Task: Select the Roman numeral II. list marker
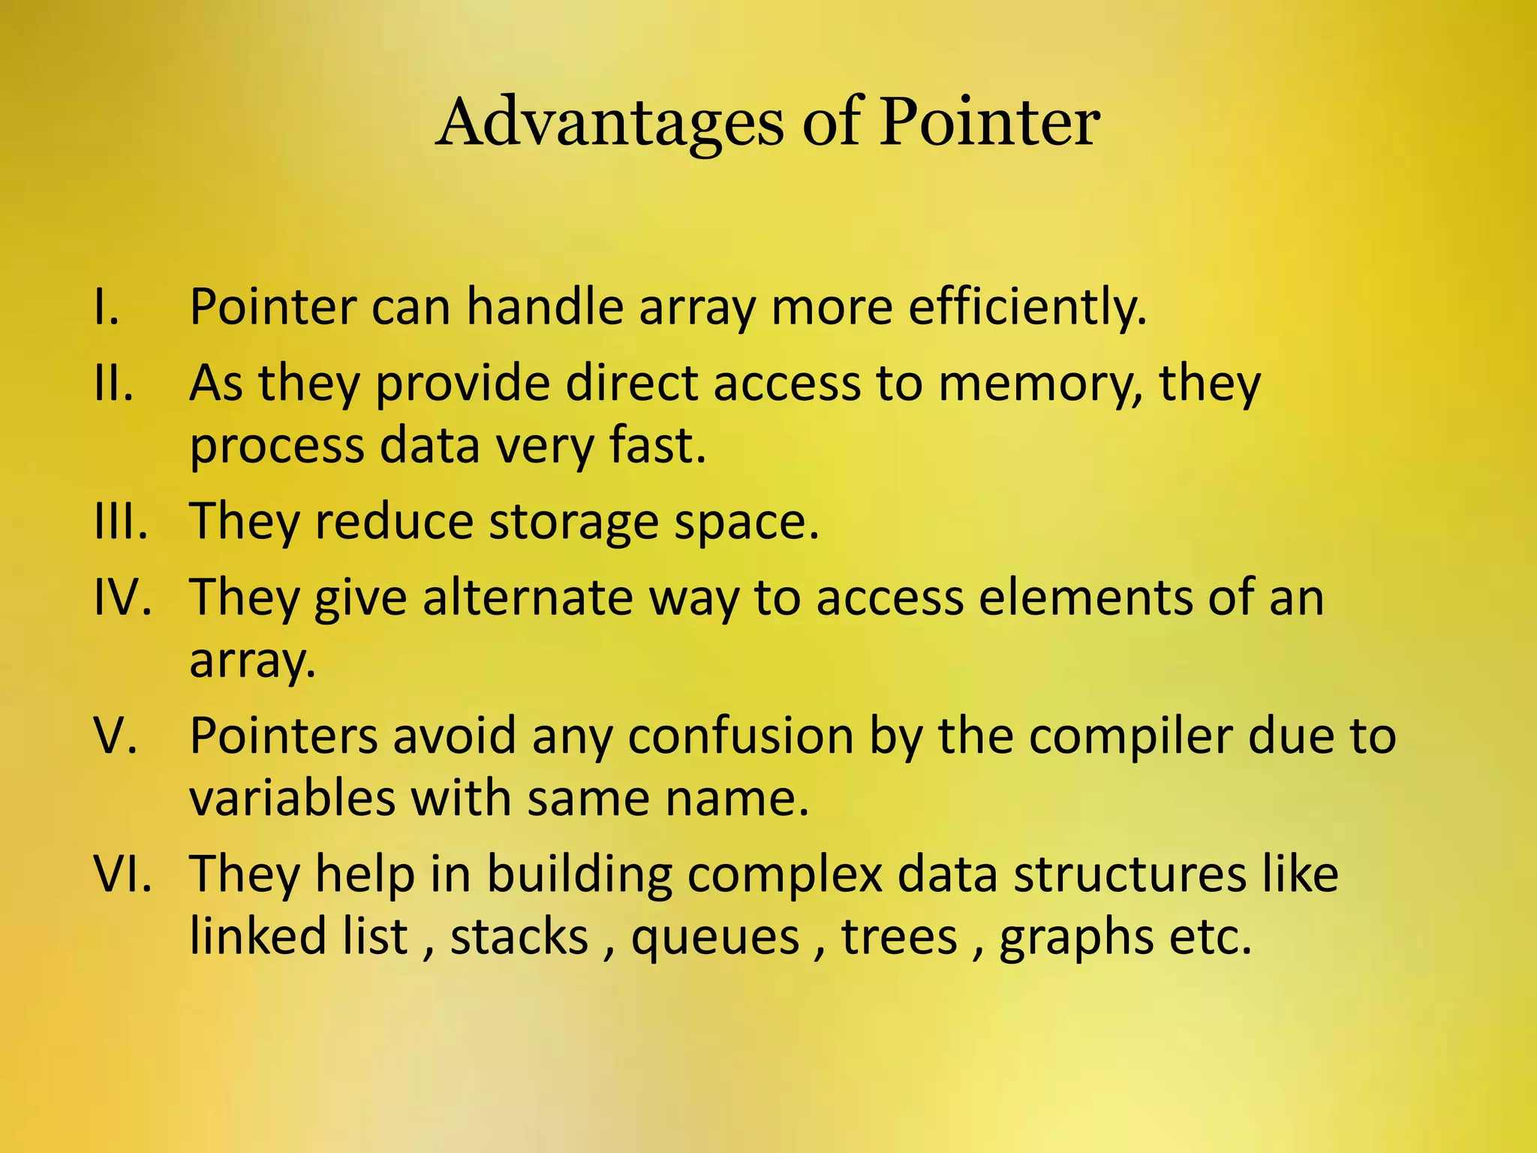[114, 383]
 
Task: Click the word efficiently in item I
[1027, 308]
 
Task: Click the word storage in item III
[574, 522]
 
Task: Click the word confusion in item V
[741, 736]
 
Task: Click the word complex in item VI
[784, 875]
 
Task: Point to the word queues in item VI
[715, 938]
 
